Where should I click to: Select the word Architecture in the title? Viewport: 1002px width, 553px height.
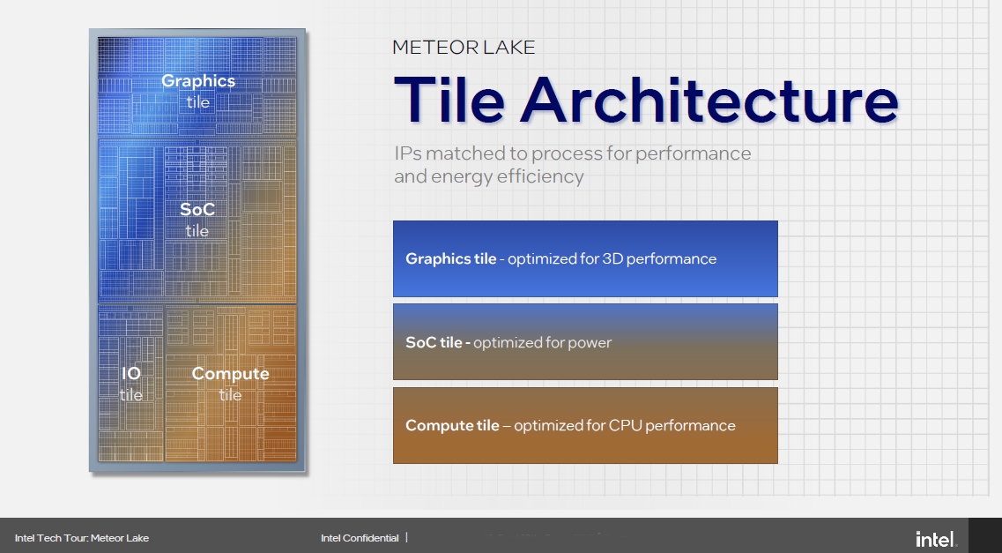point(710,100)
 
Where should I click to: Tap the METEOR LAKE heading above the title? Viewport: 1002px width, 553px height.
point(464,48)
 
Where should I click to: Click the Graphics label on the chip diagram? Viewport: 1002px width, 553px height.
point(198,82)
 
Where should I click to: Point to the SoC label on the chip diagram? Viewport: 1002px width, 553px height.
point(197,209)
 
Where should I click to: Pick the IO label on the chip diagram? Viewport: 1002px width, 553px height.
point(131,373)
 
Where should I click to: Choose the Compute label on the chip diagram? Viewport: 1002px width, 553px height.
point(230,374)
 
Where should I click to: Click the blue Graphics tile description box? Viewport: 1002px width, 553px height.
point(585,259)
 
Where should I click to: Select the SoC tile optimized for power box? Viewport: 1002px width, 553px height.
point(585,342)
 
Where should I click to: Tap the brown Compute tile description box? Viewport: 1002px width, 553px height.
point(585,425)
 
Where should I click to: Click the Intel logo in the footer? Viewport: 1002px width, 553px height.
point(936,539)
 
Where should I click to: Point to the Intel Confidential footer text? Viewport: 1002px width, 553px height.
point(360,538)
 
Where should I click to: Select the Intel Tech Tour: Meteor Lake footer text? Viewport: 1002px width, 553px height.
point(82,538)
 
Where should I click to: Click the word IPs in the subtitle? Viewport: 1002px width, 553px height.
point(408,153)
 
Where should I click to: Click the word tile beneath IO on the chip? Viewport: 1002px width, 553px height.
point(131,395)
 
